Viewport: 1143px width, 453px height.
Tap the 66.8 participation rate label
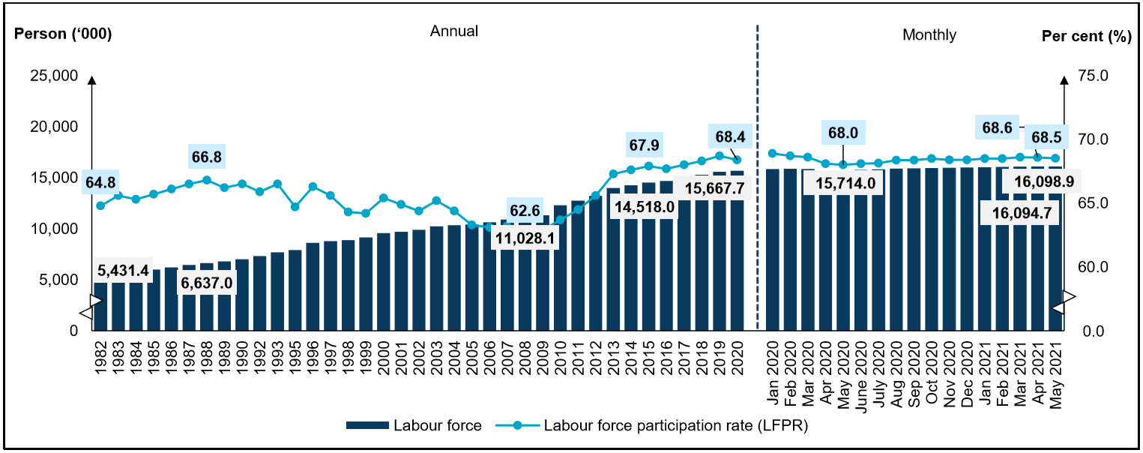(207, 158)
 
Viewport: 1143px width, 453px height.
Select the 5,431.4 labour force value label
(123, 270)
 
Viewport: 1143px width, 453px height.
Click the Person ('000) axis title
(63, 34)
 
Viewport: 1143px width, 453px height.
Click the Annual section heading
(453, 31)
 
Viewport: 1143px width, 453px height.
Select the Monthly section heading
(929, 34)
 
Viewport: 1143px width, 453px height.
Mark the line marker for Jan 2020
(772, 153)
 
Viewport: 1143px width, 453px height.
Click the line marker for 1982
(100, 205)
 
